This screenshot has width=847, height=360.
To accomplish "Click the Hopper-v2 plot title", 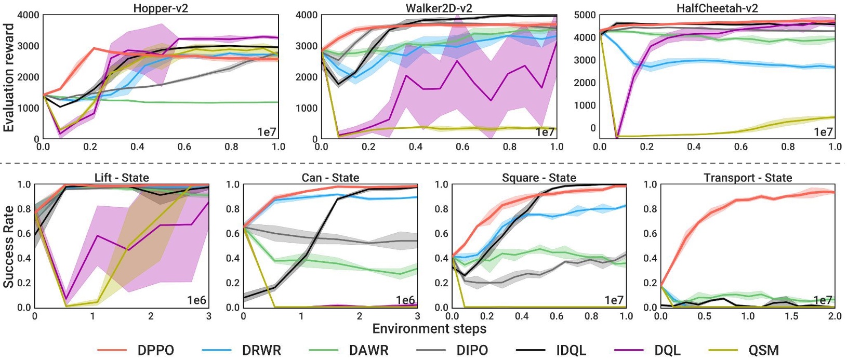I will click(161, 8).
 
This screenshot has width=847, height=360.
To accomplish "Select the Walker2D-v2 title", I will click(439, 8).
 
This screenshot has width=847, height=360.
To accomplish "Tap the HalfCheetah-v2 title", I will click(717, 8).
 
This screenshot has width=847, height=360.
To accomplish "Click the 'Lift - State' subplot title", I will click(122, 178).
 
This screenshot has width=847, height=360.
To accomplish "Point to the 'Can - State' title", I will click(330, 178).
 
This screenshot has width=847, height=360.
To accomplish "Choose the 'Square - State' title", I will click(539, 178).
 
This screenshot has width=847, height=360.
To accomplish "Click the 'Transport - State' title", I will click(748, 178).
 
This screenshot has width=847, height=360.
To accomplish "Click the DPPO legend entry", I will click(156, 350).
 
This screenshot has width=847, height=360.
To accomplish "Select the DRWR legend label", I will click(261, 350).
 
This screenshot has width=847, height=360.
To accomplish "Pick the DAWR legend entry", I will click(368, 350).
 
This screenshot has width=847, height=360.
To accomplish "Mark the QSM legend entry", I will click(763, 350).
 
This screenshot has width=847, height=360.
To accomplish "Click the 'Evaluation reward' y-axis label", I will click(8, 77).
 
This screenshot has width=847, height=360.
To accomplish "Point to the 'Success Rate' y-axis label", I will click(8, 246).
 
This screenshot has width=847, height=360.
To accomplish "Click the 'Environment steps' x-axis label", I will click(429, 329).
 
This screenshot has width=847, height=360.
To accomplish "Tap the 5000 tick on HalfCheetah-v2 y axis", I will click(585, 15).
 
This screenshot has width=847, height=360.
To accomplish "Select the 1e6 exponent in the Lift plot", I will click(196, 300).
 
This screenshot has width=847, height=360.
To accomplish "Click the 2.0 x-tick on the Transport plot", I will click(835, 316).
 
